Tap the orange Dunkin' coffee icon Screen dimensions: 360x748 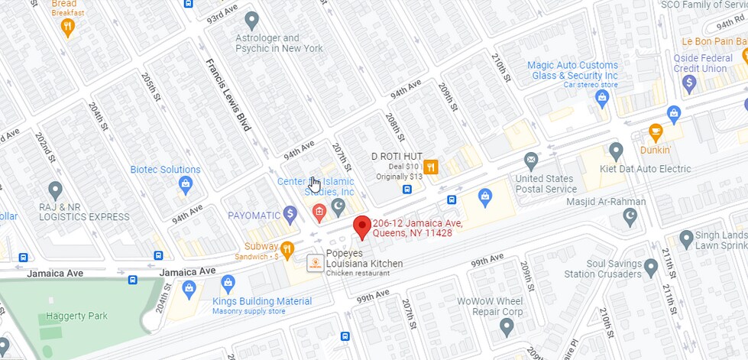[x=655, y=132]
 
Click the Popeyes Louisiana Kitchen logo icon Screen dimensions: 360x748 [x=314, y=263]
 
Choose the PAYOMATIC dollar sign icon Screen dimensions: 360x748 [x=290, y=215]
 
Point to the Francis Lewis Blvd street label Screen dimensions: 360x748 [x=228, y=95]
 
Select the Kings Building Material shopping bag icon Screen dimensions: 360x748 [x=189, y=287]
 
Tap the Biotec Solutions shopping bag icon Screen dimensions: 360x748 [x=185, y=183]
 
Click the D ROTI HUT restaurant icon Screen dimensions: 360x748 [x=431, y=168]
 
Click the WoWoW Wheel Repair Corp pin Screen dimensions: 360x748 [x=506, y=326]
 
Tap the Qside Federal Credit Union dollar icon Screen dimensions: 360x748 [x=689, y=82]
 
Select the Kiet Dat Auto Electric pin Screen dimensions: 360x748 [x=616, y=151]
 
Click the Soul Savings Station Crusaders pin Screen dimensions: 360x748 [x=651, y=268]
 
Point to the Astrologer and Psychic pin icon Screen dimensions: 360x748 [x=251, y=21]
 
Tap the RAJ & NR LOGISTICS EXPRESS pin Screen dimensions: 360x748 [x=54, y=189]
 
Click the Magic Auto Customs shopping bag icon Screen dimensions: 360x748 [x=602, y=98]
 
